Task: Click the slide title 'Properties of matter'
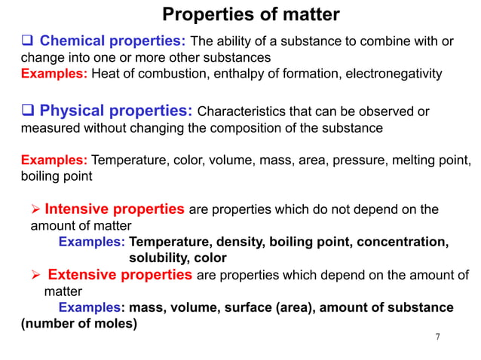(251, 14)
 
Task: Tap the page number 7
(438, 336)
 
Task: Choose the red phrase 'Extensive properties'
(120, 275)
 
